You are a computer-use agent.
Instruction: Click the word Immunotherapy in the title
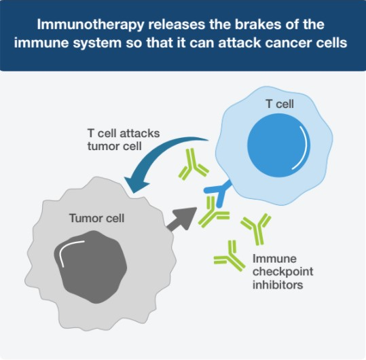[x=90, y=25]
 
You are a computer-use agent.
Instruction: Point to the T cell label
[x=280, y=104]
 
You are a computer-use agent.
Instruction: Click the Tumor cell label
[x=96, y=218]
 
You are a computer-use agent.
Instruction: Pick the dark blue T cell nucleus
[x=278, y=145]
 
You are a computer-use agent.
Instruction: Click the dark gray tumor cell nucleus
[x=90, y=267]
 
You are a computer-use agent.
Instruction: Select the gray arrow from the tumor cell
[x=182, y=218]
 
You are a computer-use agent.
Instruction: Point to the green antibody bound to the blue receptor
[x=213, y=213]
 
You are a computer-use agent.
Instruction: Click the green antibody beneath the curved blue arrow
[x=193, y=164]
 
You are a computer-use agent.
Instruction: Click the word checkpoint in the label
[x=283, y=272]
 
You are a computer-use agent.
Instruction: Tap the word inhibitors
[x=278, y=285]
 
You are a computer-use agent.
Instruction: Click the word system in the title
[x=97, y=43]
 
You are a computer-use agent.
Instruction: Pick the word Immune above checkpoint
[x=274, y=259]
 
